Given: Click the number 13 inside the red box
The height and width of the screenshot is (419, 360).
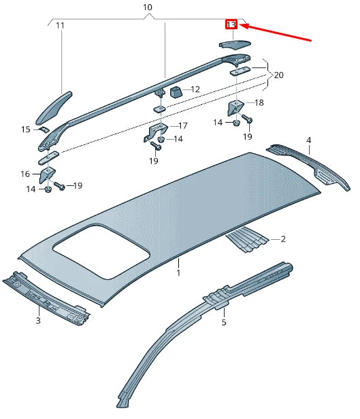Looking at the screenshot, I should click(x=231, y=25).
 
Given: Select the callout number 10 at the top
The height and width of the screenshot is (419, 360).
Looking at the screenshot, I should click(x=148, y=7).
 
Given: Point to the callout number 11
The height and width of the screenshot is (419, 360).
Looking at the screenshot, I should click(x=60, y=26).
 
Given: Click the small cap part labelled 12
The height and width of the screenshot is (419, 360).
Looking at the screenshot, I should click(x=175, y=91).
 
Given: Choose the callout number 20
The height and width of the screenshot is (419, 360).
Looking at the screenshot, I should click(x=279, y=75).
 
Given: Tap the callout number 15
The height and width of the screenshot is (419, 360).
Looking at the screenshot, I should click(x=25, y=129).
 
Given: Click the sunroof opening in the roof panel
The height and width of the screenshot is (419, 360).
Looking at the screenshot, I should click(x=101, y=254).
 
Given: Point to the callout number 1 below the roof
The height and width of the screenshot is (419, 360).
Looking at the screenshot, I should click(x=178, y=273).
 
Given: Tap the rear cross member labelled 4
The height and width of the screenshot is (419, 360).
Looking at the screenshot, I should click(x=310, y=164).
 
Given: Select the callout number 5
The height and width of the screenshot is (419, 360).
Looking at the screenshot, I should click(x=224, y=323).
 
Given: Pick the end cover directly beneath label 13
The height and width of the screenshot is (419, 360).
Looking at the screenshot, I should click(x=235, y=44).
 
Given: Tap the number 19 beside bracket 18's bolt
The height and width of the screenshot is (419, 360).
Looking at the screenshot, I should click(x=248, y=137).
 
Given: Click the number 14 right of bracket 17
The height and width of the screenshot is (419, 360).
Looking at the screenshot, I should click(x=178, y=139).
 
